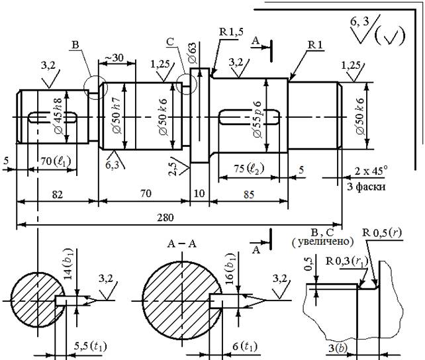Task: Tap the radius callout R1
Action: click(314, 44)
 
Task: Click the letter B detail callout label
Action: click(75, 45)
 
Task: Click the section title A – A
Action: click(177, 242)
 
